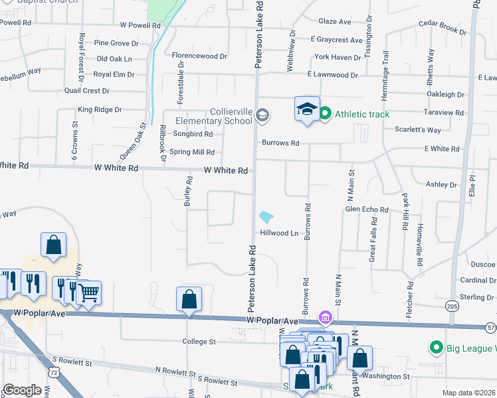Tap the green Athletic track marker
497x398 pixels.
(x=325, y=114)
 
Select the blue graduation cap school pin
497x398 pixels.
(x=308, y=109)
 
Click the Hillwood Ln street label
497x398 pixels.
(x=279, y=233)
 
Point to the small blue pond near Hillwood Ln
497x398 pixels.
(x=266, y=217)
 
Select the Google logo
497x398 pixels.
(x=22, y=390)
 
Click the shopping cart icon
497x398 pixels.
(x=88, y=292)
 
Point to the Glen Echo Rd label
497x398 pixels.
(x=367, y=210)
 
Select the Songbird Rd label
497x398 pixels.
(x=193, y=134)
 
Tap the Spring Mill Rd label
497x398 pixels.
(x=192, y=152)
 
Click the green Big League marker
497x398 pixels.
(x=436, y=348)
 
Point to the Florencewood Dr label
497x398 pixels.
(x=199, y=56)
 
